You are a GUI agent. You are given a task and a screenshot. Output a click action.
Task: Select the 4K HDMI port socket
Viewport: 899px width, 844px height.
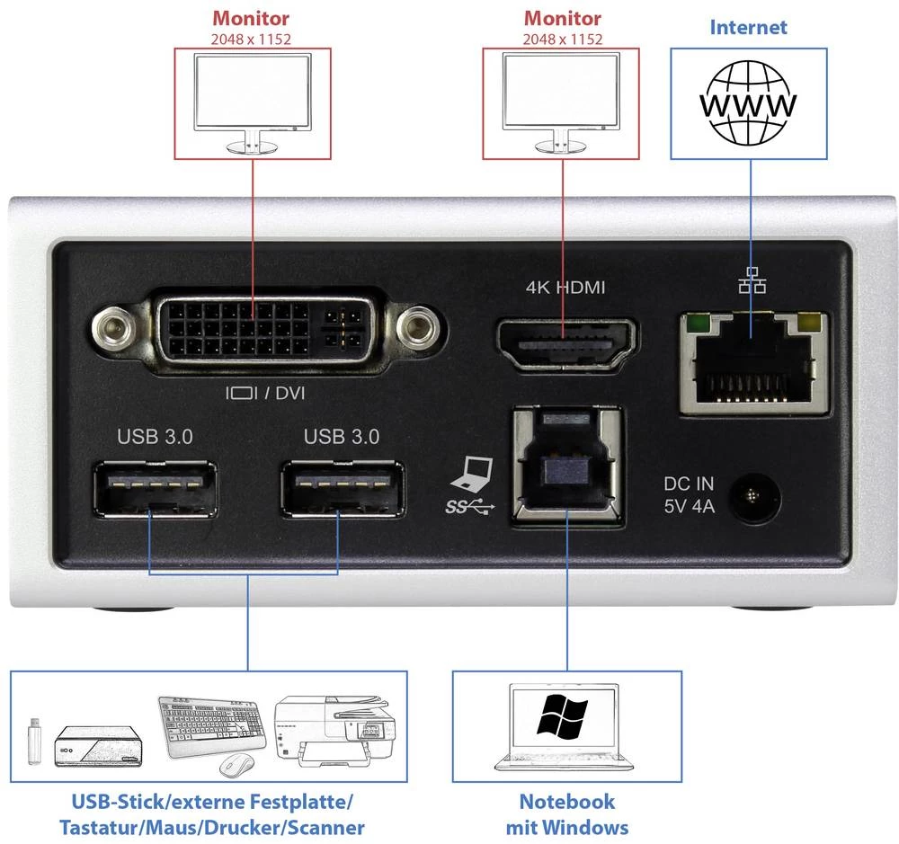pyautogui.click(x=565, y=342)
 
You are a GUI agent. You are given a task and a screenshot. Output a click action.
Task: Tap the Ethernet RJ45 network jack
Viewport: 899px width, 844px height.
pyautogui.click(x=753, y=361)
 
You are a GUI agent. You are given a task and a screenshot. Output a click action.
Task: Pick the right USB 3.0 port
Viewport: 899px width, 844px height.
pyautogui.click(x=341, y=489)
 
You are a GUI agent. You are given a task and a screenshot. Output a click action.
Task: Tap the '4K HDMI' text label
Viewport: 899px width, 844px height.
pyautogui.click(x=565, y=288)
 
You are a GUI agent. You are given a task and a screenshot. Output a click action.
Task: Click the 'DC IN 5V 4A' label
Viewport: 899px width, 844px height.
pyautogui.click(x=689, y=494)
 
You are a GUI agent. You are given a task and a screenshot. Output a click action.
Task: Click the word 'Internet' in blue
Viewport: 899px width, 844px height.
pyautogui.click(x=748, y=26)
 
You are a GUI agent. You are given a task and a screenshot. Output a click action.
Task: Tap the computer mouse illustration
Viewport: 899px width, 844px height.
pyautogui.click(x=236, y=764)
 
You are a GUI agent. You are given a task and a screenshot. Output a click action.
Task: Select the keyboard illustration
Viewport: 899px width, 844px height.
pyautogui.click(x=214, y=724)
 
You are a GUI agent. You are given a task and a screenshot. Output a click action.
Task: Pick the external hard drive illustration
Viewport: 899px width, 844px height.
pyautogui.click(x=96, y=747)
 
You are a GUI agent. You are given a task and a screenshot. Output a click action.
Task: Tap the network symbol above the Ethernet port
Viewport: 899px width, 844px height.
pyautogui.click(x=752, y=284)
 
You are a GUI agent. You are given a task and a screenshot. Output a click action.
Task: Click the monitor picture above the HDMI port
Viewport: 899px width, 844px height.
pyautogui.click(x=561, y=98)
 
